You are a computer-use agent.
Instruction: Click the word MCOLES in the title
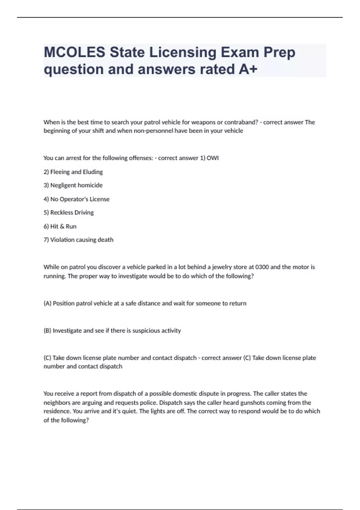click(74, 52)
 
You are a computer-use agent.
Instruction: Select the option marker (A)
click(47, 303)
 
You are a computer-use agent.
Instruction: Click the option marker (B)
click(47, 331)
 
